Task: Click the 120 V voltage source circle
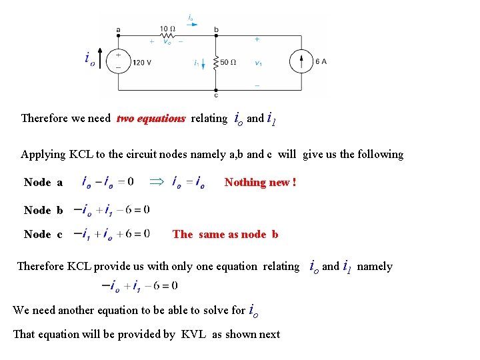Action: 118,61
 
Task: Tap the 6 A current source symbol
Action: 301,62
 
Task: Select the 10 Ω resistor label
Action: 167,29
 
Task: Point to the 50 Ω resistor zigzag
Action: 215,63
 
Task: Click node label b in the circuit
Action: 216,30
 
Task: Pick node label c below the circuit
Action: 215,95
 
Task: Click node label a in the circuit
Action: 118,29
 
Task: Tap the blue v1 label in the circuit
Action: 258,63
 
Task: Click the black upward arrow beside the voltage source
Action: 100,59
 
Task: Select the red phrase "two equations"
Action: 151,119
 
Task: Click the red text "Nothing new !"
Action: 261,182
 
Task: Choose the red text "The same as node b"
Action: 225,234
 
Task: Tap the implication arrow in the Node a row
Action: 155,181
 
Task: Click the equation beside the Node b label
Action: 111,210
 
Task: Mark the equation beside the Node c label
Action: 111,234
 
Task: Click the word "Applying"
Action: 43,155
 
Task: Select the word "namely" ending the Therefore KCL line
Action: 375,267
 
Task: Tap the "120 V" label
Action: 142,63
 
